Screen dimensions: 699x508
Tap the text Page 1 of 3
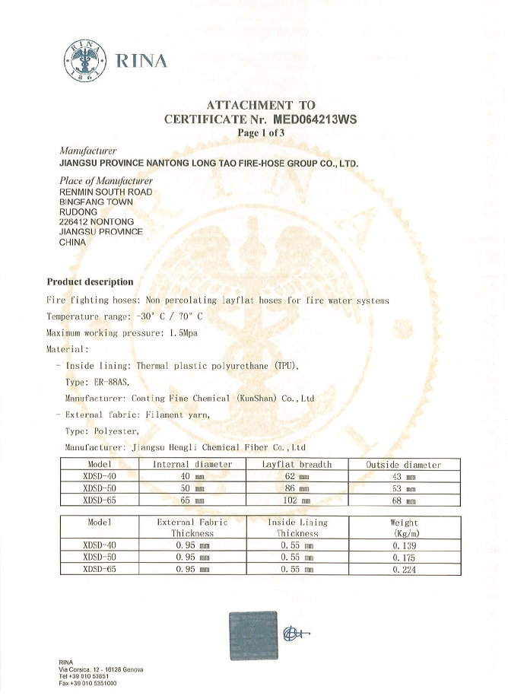261,132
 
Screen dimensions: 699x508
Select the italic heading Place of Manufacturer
106,181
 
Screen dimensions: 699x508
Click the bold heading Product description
90,282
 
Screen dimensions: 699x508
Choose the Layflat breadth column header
297,464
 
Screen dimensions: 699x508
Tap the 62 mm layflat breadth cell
297,477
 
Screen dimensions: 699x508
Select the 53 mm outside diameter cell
403,489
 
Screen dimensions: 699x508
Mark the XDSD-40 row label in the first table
100,477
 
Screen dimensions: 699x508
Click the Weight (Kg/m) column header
404,528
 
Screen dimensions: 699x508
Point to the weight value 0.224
404,569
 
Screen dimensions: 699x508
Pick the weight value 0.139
404,545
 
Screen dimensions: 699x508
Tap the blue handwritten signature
296,633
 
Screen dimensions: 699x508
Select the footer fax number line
87,684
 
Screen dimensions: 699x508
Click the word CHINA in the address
73,242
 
